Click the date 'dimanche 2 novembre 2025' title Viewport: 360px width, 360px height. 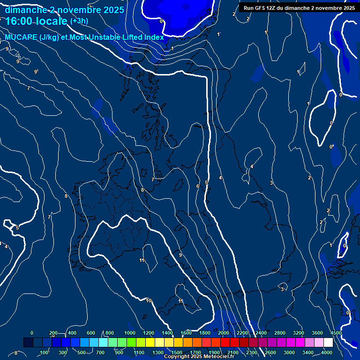(x=64, y=10)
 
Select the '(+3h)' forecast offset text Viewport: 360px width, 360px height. (x=79, y=21)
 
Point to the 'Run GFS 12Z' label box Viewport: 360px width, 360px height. (x=299, y=7)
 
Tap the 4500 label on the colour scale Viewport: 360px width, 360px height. (x=336, y=333)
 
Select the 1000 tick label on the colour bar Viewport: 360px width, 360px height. (x=130, y=333)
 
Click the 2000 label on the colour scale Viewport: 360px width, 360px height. (x=224, y=333)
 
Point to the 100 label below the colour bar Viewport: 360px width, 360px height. (x=44, y=352)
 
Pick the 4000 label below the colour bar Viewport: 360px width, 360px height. (x=327, y=352)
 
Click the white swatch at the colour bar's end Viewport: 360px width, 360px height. (x=328, y=343)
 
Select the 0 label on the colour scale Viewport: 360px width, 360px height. (x=32, y=333)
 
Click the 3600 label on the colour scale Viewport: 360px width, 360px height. (x=317, y=333)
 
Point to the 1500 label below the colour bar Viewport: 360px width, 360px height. (x=177, y=352)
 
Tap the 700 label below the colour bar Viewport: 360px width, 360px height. (x=100, y=352)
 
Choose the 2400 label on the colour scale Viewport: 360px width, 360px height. (x=261, y=333)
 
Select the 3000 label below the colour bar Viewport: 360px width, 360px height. (x=289, y=352)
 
